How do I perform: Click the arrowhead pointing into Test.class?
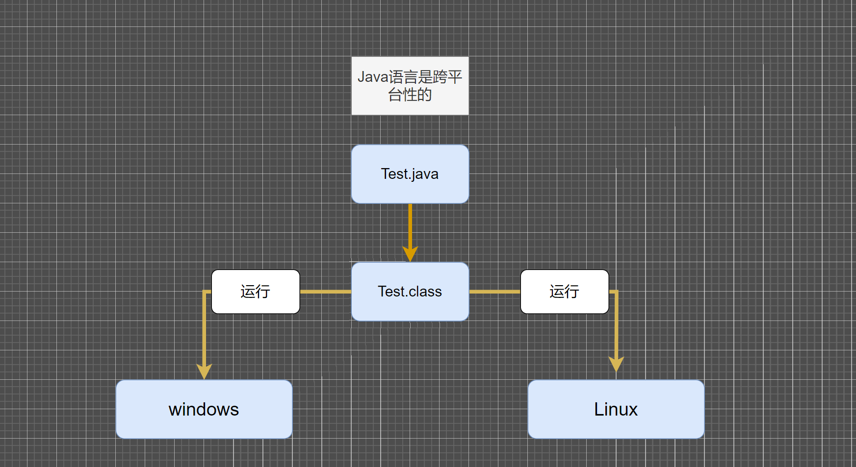(410, 254)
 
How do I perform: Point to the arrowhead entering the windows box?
(204, 371)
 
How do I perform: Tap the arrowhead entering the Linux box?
(616, 364)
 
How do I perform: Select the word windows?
(204, 409)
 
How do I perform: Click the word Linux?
(616, 409)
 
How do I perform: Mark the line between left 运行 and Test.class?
(325, 292)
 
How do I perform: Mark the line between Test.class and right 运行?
(494, 292)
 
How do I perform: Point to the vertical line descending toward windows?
(204, 328)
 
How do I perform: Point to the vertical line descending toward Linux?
(616, 326)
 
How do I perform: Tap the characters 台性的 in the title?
(410, 95)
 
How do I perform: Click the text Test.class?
(410, 292)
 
